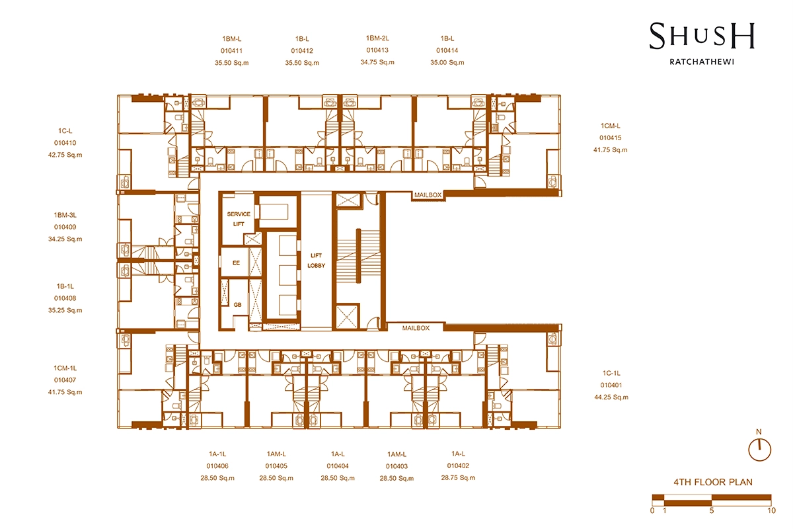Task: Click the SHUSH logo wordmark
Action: tap(702, 36)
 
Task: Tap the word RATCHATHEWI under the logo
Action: tap(702, 61)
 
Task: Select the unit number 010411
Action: tap(231, 51)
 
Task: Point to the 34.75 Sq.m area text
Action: tap(377, 62)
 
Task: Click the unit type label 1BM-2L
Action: tap(377, 38)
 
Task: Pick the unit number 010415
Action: tap(611, 138)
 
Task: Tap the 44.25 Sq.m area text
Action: tap(611, 397)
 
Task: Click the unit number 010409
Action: tap(65, 227)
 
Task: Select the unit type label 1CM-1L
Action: tap(65, 368)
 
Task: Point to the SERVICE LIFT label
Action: tap(239, 219)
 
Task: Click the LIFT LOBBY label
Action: tap(316, 261)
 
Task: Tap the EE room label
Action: tap(236, 263)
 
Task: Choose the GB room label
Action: tap(237, 305)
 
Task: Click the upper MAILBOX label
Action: tap(428, 195)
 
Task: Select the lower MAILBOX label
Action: tap(416, 328)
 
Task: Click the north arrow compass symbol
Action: tap(759, 450)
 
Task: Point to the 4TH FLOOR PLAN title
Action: tap(713, 482)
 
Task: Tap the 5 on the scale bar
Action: tap(712, 510)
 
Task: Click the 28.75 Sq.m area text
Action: tap(458, 477)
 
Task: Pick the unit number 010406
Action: tap(217, 466)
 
